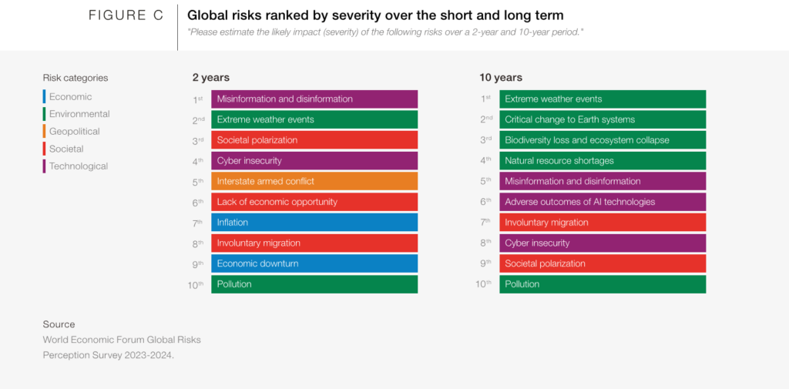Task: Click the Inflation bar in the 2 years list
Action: [x=314, y=223]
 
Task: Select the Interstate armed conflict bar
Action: [x=314, y=181]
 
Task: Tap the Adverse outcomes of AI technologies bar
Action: [x=603, y=202]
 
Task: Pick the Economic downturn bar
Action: [x=314, y=263]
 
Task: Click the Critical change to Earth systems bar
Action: [x=603, y=119]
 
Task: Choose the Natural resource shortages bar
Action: [x=603, y=160]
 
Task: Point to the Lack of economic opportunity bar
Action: [x=314, y=202]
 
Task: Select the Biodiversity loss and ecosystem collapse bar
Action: [x=603, y=140]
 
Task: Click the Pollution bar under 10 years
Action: [x=603, y=284]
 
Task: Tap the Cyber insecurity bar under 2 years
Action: [x=314, y=160]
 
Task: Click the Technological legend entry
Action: [x=76, y=166]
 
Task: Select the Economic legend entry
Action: [x=68, y=96]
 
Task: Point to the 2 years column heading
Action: [x=211, y=78]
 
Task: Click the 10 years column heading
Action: [x=501, y=78]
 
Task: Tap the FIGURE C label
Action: [x=126, y=15]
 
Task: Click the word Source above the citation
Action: [x=59, y=324]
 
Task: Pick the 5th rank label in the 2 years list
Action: [x=198, y=182]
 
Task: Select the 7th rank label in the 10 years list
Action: [x=485, y=223]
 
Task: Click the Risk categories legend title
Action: [x=76, y=78]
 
